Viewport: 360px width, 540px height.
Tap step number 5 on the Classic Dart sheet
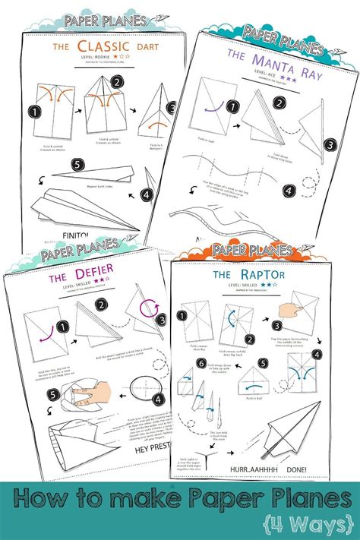(x=77, y=164)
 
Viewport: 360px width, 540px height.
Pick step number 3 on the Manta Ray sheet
(x=329, y=144)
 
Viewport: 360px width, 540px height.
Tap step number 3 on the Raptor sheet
(x=278, y=327)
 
